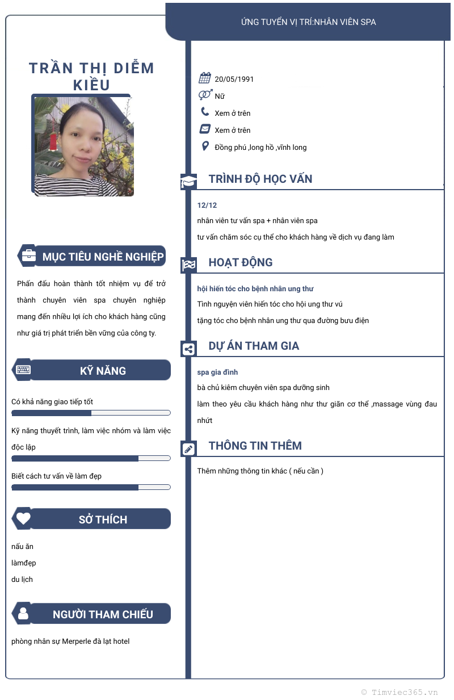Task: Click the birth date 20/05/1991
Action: tap(234, 79)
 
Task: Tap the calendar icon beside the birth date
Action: tap(205, 78)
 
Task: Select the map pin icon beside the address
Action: tap(205, 146)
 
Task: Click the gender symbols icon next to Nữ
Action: tap(205, 95)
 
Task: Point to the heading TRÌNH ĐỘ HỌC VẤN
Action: tap(260, 179)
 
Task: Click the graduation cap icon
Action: tap(188, 182)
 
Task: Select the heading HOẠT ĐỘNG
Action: tap(241, 262)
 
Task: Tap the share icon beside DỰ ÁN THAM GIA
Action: tap(188, 349)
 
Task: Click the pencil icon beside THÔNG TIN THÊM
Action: tap(188, 449)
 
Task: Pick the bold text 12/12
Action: tap(207, 205)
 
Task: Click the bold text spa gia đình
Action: tap(217, 372)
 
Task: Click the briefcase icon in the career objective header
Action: tap(28, 256)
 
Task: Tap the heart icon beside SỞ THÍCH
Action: tap(23, 518)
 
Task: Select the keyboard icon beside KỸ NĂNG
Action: tap(23, 370)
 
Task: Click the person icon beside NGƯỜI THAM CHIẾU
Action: tap(23, 613)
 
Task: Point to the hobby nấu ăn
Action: tap(22, 547)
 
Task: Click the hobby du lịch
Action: tap(22, 580)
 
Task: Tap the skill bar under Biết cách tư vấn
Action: tap(91, 487)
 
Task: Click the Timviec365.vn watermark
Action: tap(400, 692)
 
